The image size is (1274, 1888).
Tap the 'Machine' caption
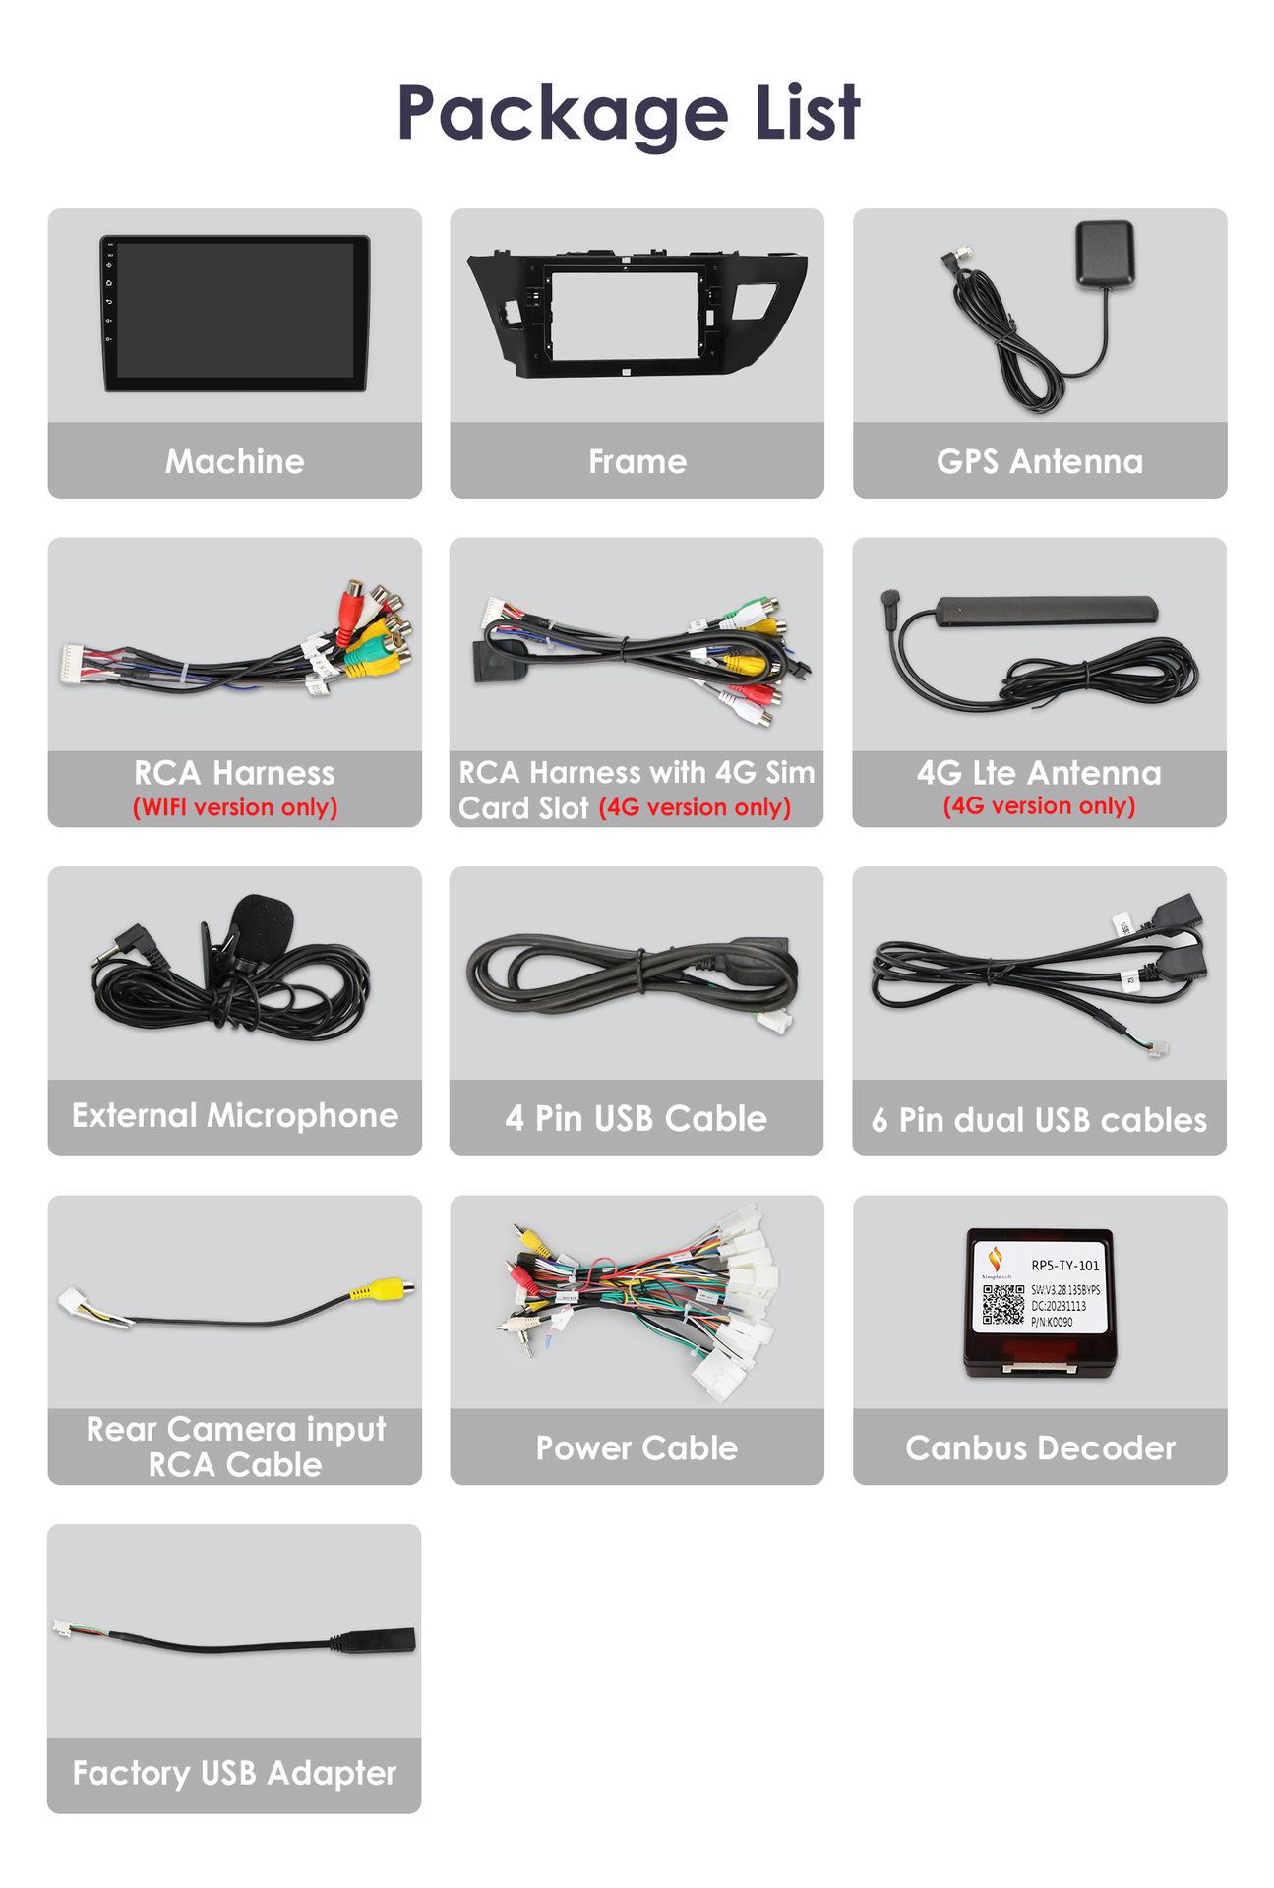click(234, 461)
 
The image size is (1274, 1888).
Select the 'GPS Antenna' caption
click(1039, 461)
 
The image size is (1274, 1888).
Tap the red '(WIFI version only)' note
click(234, 807)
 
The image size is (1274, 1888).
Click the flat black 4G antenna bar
click(1045, 611)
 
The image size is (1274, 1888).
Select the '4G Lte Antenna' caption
click(1039, 773)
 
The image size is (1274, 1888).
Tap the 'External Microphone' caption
click(234, 1116)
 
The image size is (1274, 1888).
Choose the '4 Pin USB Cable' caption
click(636, 1118)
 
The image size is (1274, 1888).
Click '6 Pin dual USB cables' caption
click(1039, 1120)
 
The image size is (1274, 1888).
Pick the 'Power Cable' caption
click(637, 1447)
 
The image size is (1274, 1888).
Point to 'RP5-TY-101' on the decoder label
click(1064, 1266)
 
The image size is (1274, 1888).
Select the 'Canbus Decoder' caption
click(1040, 1447)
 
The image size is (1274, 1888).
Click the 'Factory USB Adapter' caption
click(234, 1773)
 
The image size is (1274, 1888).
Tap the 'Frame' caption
click(637, 461)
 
